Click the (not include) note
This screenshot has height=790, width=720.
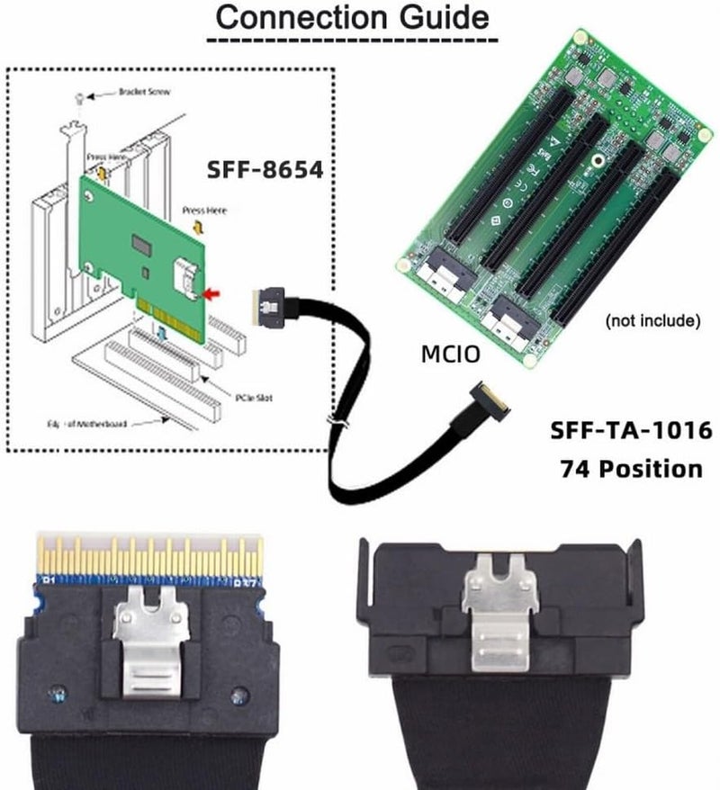pyautogui.click(x=652, y=319)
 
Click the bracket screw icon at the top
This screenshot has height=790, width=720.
pyautogui.click(x=82, y=95)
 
